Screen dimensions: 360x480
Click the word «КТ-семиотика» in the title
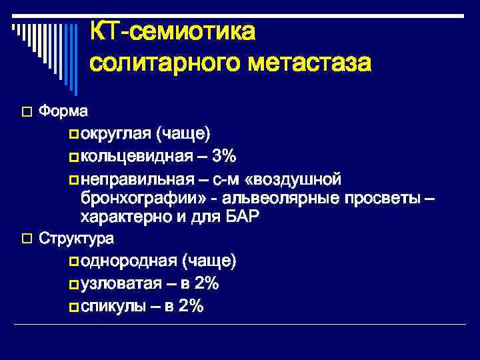[x=172, y=30]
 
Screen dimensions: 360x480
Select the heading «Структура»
[x=77, y=238]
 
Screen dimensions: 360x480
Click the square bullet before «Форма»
[x=27, y=110]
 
